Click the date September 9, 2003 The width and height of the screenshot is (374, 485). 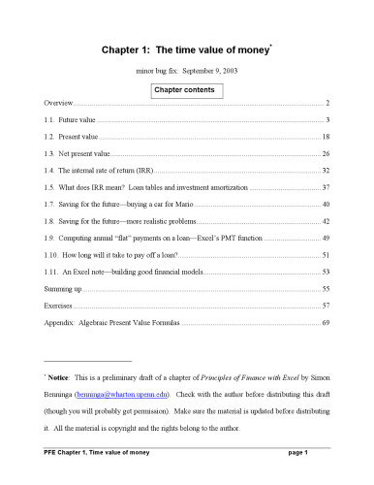pyautogui.click(x=206, y=71)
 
